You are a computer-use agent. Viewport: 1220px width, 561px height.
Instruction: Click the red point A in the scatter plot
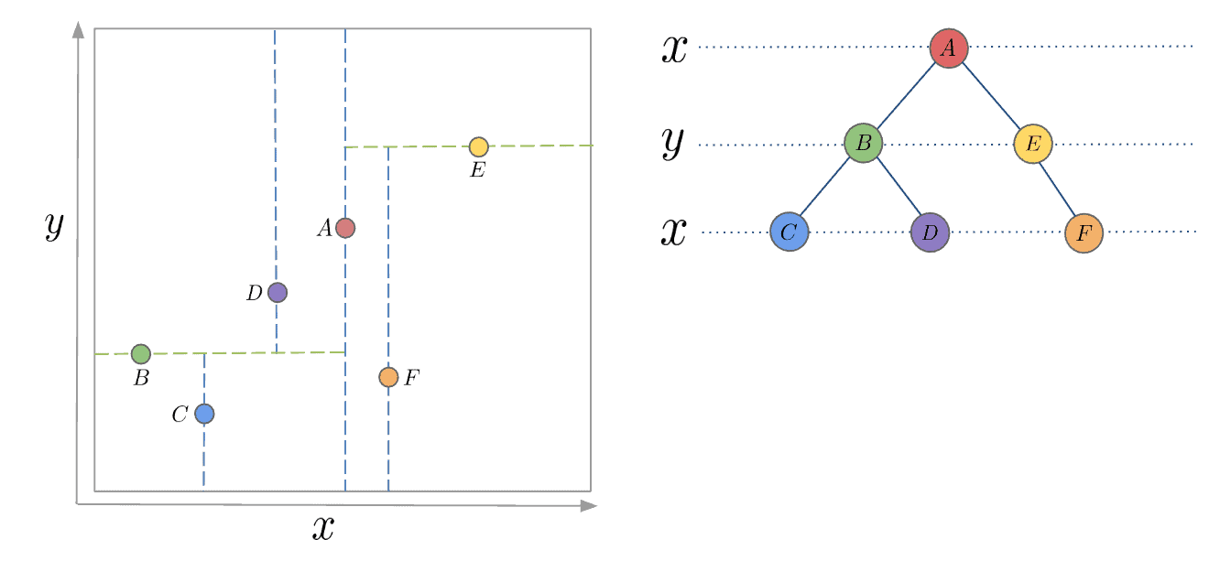[345, 228]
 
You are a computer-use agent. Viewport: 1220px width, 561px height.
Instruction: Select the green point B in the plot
[140, 354]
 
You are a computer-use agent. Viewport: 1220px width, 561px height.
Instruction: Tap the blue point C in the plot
[204, 414]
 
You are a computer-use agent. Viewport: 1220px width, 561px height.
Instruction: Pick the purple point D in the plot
[278, 293]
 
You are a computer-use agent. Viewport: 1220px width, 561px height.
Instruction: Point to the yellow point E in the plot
[478, 146]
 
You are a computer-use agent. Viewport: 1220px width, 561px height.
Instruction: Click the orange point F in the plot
[388, 377]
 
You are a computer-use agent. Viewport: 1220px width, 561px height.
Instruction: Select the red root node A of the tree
[949, 48]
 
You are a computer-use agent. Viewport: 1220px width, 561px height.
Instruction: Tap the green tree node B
[863, 144]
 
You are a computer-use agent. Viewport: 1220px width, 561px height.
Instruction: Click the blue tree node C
[790, 232]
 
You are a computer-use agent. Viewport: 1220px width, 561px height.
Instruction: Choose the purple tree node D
[930, 232]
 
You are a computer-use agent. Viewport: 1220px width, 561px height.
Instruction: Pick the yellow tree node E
[1033, 144]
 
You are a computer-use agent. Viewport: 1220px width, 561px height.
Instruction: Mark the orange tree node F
[1084, 233]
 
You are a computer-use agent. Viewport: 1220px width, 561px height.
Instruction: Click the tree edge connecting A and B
[906, 95]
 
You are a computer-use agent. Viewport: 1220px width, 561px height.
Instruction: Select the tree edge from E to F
[1058, 188]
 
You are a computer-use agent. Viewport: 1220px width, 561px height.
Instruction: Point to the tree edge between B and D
[897, 188]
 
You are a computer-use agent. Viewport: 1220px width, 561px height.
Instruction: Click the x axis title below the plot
[323, 529]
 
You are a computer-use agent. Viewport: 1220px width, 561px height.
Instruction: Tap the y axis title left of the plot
[54, 224]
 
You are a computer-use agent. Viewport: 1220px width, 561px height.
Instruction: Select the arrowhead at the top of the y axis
[78, 29]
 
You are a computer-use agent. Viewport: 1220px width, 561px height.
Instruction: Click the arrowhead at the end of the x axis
[589, 505]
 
